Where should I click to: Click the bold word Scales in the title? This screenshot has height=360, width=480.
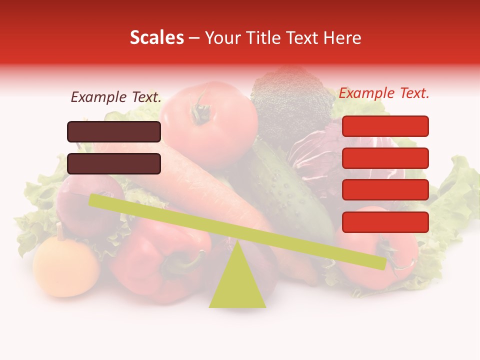click(156, 38)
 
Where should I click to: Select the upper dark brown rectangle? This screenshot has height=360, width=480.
click(114, 131)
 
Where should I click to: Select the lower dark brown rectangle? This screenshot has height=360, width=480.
click(114, 163)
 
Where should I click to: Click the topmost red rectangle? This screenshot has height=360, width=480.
click(385, 126)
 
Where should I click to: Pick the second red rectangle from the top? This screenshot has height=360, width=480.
click(385, 158)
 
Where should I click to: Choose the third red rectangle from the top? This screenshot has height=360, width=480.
click(385, 190)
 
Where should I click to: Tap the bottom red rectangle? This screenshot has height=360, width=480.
click(385, 222)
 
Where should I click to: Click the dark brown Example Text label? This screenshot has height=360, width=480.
click(116, 97)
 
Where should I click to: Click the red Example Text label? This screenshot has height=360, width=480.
click(384, 93)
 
